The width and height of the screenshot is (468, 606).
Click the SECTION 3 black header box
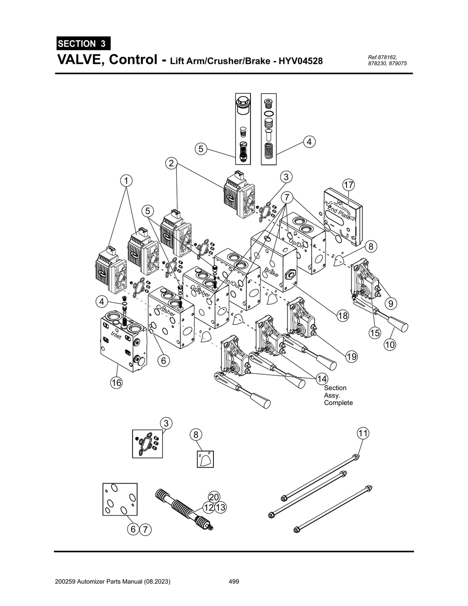(x=83, y=43)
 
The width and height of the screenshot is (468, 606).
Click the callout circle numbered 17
(x=348, y=185)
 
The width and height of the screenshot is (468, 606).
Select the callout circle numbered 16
(x=116, y=383)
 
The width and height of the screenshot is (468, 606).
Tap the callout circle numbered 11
(x=362, y=433)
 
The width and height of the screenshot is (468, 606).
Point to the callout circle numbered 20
(x=214, y=497)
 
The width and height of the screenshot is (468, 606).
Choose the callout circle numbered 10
(x=389, y=345)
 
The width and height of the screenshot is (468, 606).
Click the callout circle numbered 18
(x=343, y=315)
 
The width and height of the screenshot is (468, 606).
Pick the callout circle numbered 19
(x=351, y=356)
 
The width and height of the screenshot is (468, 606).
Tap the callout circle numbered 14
(x=322, y=378)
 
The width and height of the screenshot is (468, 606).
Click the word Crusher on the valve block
(x=165, y=310)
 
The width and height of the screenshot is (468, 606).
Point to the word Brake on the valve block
(x=271, y=271)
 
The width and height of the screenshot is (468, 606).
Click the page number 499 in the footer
(x=234, y=581)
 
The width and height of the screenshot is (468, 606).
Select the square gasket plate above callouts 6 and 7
(x=119, y=499)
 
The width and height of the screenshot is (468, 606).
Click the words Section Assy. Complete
(x=338, y=395)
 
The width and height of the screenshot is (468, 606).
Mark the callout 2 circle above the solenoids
(x=171, y=163)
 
